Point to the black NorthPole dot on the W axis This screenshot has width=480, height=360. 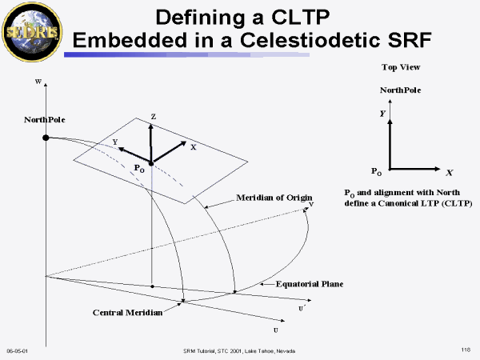[x=46, y=138]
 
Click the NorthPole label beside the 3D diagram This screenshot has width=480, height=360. [x=44, y=120]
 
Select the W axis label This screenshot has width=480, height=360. [x=38, y=82]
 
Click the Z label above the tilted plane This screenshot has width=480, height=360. [x=153, y=117]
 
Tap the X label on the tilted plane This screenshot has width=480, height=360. [x=193, y=147]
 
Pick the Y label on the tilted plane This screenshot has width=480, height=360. [x=115, y=142]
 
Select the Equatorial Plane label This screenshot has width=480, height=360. [x=309, y=284]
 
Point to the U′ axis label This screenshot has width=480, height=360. [x=302, y=306]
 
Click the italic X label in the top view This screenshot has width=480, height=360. [x=450, y=173]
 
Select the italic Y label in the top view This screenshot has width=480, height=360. [x=382, y=114]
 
